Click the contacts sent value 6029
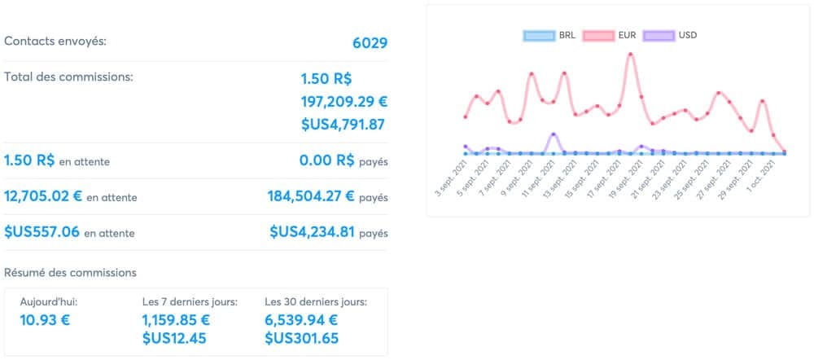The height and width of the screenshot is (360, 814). [x=370, y=42]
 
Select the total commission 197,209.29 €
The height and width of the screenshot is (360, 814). [x=344, y=102]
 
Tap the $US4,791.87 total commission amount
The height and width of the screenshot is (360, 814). [x=343, y=125]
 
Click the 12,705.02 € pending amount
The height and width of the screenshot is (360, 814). [x=43, y=196]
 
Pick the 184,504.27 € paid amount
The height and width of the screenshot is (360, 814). [x=311, y=196]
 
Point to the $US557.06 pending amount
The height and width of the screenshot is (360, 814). [x=42, y=232]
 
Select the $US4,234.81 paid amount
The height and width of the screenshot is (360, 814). [x=312, y=232]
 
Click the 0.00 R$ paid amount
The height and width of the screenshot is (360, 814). [x=327, y=160]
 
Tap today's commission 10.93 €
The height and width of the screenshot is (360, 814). [x=45, y=320]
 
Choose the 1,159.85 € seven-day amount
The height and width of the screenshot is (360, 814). [x=176, y=320]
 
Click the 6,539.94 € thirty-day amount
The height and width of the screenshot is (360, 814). [x=301, y=320]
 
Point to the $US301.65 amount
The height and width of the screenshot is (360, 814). [x=302, y=339]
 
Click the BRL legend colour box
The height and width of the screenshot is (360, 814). [x=539, y=36]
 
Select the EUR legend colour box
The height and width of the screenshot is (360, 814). [x=598, y=36]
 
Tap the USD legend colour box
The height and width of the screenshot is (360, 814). [x=659, y=36]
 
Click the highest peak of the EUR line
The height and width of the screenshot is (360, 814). [x=630, y=54]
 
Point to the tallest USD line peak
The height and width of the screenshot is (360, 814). [x=554, y=134]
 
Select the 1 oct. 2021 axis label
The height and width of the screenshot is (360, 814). [x=763, y=177]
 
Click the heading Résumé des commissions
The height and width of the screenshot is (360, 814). [x=71, y=273]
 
